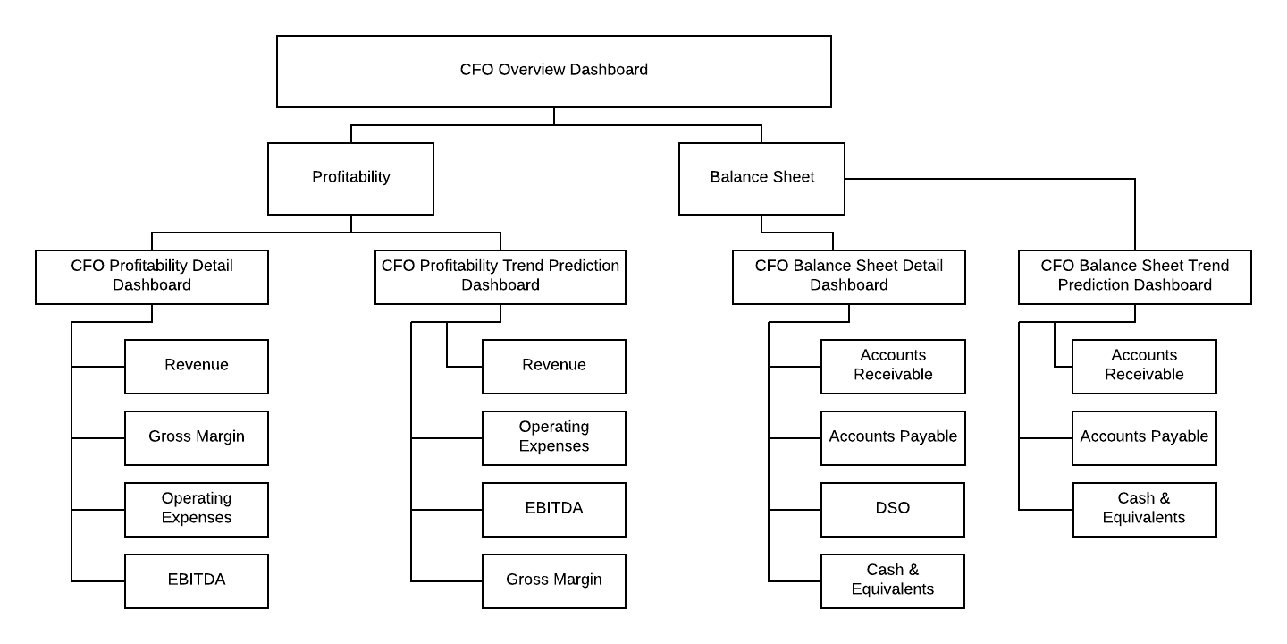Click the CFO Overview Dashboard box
point(554,72)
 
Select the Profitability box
point(350,178)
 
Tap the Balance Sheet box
point(761,178)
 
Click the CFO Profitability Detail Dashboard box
point(152,276)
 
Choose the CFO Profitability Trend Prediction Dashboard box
point(500,276)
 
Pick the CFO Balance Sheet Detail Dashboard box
point(849,276)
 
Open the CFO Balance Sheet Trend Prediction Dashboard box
point(1135,276)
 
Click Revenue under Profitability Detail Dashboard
point(197,366)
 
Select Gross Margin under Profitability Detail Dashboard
point(197,437)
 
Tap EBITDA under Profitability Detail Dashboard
point(197,580)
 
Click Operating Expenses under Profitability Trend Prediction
point(554,437)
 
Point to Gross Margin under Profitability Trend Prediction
point(554,580)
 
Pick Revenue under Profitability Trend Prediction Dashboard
point(554,366)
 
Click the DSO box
point(893,509)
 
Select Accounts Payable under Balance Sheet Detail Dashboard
point(893,437)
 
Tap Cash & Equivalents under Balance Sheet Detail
point(893,580)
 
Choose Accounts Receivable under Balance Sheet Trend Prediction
point(1144,366)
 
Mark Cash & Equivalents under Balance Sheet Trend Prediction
point(1144,509)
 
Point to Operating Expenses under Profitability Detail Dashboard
point(197,509)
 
